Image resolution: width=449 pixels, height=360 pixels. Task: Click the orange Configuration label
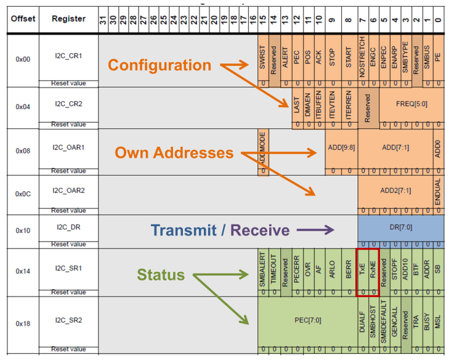pos(160,65)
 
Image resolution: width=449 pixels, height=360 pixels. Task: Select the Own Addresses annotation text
pos(175,153)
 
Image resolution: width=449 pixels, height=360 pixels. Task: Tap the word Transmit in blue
pos(180,231)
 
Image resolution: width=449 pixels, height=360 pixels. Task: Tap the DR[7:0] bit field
pos(400,227)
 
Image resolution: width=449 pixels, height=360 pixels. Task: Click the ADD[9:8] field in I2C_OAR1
pos(341,147)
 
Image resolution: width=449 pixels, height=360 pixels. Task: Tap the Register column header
pos(68,18)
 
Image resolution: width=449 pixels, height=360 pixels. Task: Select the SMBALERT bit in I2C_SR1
pos(263,270)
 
